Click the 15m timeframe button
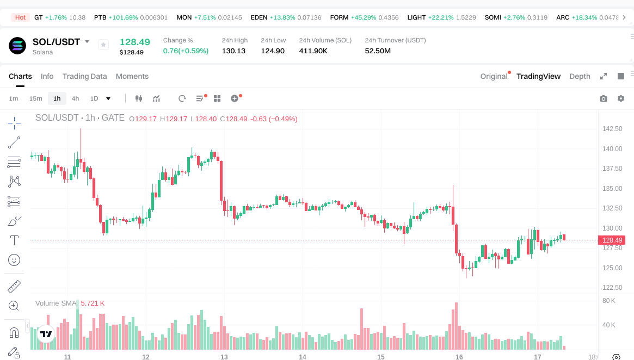tap(35, 98)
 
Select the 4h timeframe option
tap(75, 98)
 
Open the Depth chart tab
tap(580, 76)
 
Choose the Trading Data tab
tap(84, 76)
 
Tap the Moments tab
tap(132, 76)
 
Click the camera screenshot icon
tap(603, 98)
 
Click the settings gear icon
tap(620, 98)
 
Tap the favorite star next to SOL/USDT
tap(103, 45)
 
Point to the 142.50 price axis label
tap(612, 129)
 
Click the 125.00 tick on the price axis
tap(612, 268)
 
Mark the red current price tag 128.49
tap(612, 240)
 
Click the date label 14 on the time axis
tap(303, 357)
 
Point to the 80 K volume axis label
tap(609, 300)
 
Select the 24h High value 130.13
tap(233, 51)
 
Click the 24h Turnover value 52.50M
tap(378, 51)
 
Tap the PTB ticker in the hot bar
tap(100, 17)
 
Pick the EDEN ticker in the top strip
tap(258, 17)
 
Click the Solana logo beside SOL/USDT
tap(17, 46)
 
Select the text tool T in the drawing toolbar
tap(14, 240)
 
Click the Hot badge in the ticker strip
tap(20, 17)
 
